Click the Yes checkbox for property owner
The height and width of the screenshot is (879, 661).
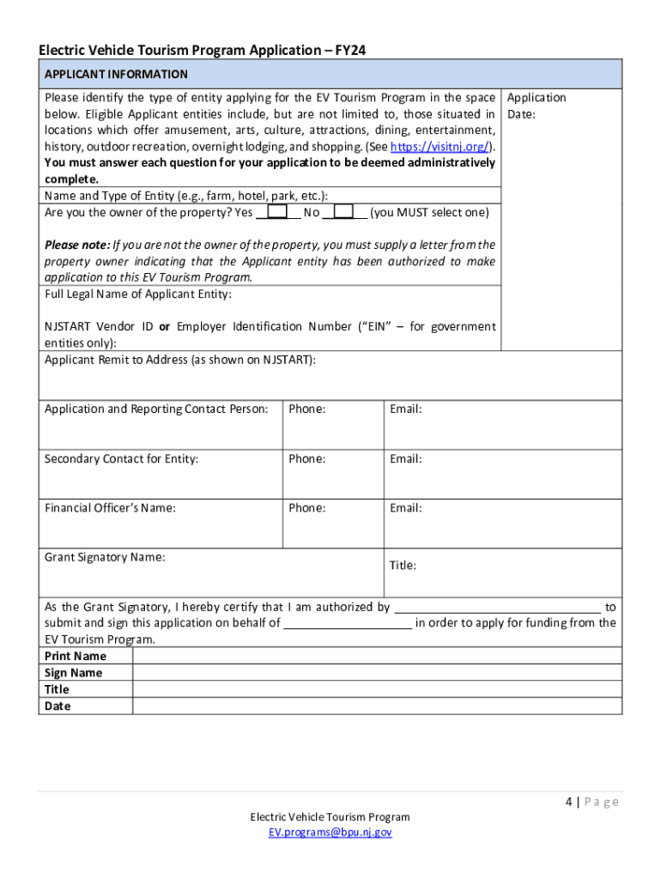(x=277, y=212)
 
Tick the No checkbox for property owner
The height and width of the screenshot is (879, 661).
(x=343, y=212)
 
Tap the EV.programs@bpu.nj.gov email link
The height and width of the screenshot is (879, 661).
(x=330, y=832)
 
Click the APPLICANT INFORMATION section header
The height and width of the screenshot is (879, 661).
(x=117, y=75)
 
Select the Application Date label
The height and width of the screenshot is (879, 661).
(x=537, y=106)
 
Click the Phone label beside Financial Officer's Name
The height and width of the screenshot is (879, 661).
(x=307, y=508)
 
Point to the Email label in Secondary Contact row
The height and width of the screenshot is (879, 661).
(x=405, y=459)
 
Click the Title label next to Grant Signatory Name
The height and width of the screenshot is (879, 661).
(x=403, y=566)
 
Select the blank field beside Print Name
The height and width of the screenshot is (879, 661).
(x=377, y=657)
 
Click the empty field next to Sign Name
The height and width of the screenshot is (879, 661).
(x=377, y=673)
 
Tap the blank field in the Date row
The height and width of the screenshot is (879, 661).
(x=377, y=706)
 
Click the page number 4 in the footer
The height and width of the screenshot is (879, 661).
(x=568, y=802)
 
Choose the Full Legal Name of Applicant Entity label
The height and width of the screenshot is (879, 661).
(x=138, y=294)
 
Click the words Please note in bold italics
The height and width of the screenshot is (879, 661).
(x=77, y=245)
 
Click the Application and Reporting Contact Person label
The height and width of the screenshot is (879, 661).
(x=156, y=409)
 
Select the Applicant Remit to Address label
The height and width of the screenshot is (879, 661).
(x=180, y=361)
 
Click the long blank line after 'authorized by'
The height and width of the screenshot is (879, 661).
(x=497, y=608)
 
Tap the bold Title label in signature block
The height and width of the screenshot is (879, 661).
(x=57, y=690)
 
